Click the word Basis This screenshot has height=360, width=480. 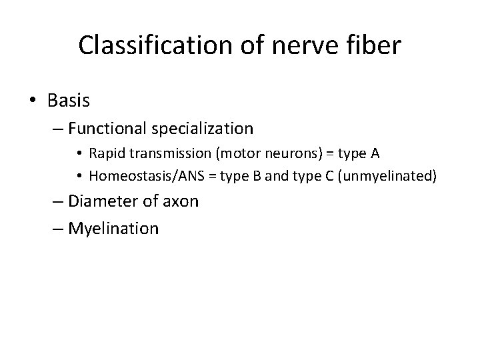point(69,101)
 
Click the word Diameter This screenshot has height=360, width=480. point(99,201)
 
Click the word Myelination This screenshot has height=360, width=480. point(114,229)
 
